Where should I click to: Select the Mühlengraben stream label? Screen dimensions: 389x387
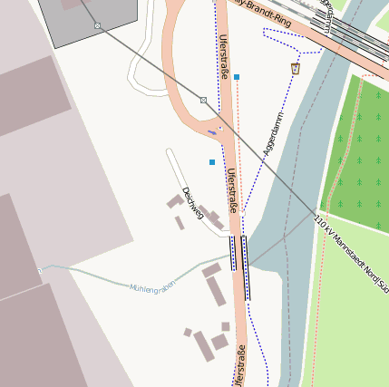pos(151,288)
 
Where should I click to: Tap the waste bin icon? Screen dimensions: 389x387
pos(295,68)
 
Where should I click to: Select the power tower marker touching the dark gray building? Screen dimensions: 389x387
pos(98,25)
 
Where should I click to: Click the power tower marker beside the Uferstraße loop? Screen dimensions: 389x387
pos(203,100)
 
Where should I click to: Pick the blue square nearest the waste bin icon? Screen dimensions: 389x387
pos(237,77)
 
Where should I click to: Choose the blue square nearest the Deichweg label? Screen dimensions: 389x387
pos(212,162)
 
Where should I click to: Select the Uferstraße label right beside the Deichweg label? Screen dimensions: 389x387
pos(232,190)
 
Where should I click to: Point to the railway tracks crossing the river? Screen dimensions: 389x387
pos(354,36)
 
